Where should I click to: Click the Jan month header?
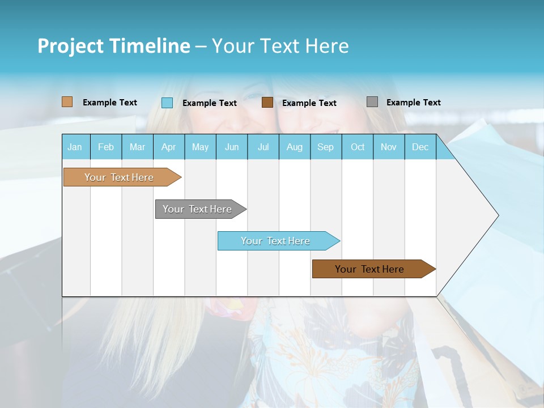point(75,147)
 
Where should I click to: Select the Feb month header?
point(106,147)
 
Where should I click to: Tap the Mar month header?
point(137,147)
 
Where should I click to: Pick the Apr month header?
point(169,147)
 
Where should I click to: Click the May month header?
point(200,147)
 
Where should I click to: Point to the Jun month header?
point(232,147)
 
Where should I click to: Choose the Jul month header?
point(263,147)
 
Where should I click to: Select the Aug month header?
point(295,147)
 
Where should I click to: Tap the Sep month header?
point(326,147)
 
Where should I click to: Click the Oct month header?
point(358,147)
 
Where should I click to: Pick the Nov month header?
point(389,147)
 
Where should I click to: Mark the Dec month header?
point(420,147)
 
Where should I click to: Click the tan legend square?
point(67,102)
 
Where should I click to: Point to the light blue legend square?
point(167,103)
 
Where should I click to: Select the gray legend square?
point(372,102)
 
